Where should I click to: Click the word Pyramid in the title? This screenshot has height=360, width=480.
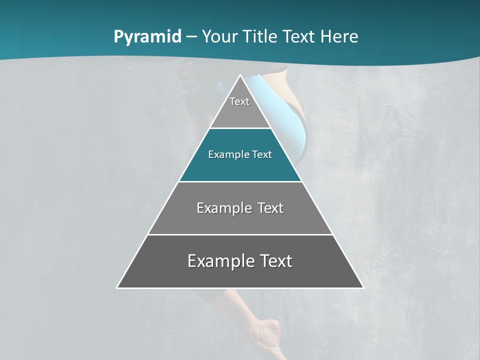click(147, 37)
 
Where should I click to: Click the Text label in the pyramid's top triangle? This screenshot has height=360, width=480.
click(239, 101)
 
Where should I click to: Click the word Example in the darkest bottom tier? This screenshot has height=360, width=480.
click(220, 261)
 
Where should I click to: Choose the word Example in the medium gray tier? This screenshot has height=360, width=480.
click(222, 208)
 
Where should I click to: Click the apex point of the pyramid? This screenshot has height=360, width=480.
click(240, 75)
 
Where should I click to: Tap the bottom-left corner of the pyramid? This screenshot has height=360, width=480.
click(117, 287)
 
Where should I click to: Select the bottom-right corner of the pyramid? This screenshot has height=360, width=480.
click(363, 287)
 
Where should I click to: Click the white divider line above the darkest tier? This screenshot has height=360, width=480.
click(240, 234)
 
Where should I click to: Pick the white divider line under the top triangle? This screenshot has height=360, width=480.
click(240, 128)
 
